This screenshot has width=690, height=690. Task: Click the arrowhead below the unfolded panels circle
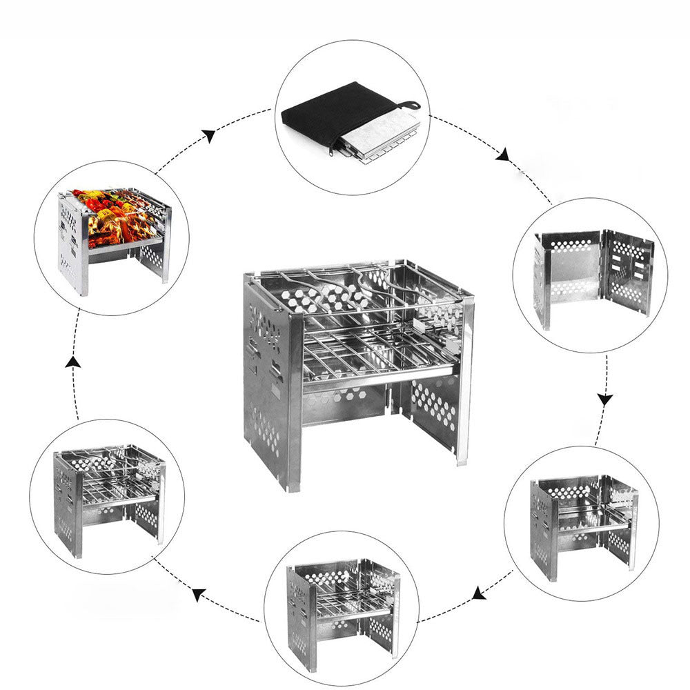[x=605, y=399]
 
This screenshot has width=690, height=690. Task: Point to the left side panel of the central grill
[x=266, y=373]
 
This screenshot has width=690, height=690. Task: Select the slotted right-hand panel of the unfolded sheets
[x=627, y=272]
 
